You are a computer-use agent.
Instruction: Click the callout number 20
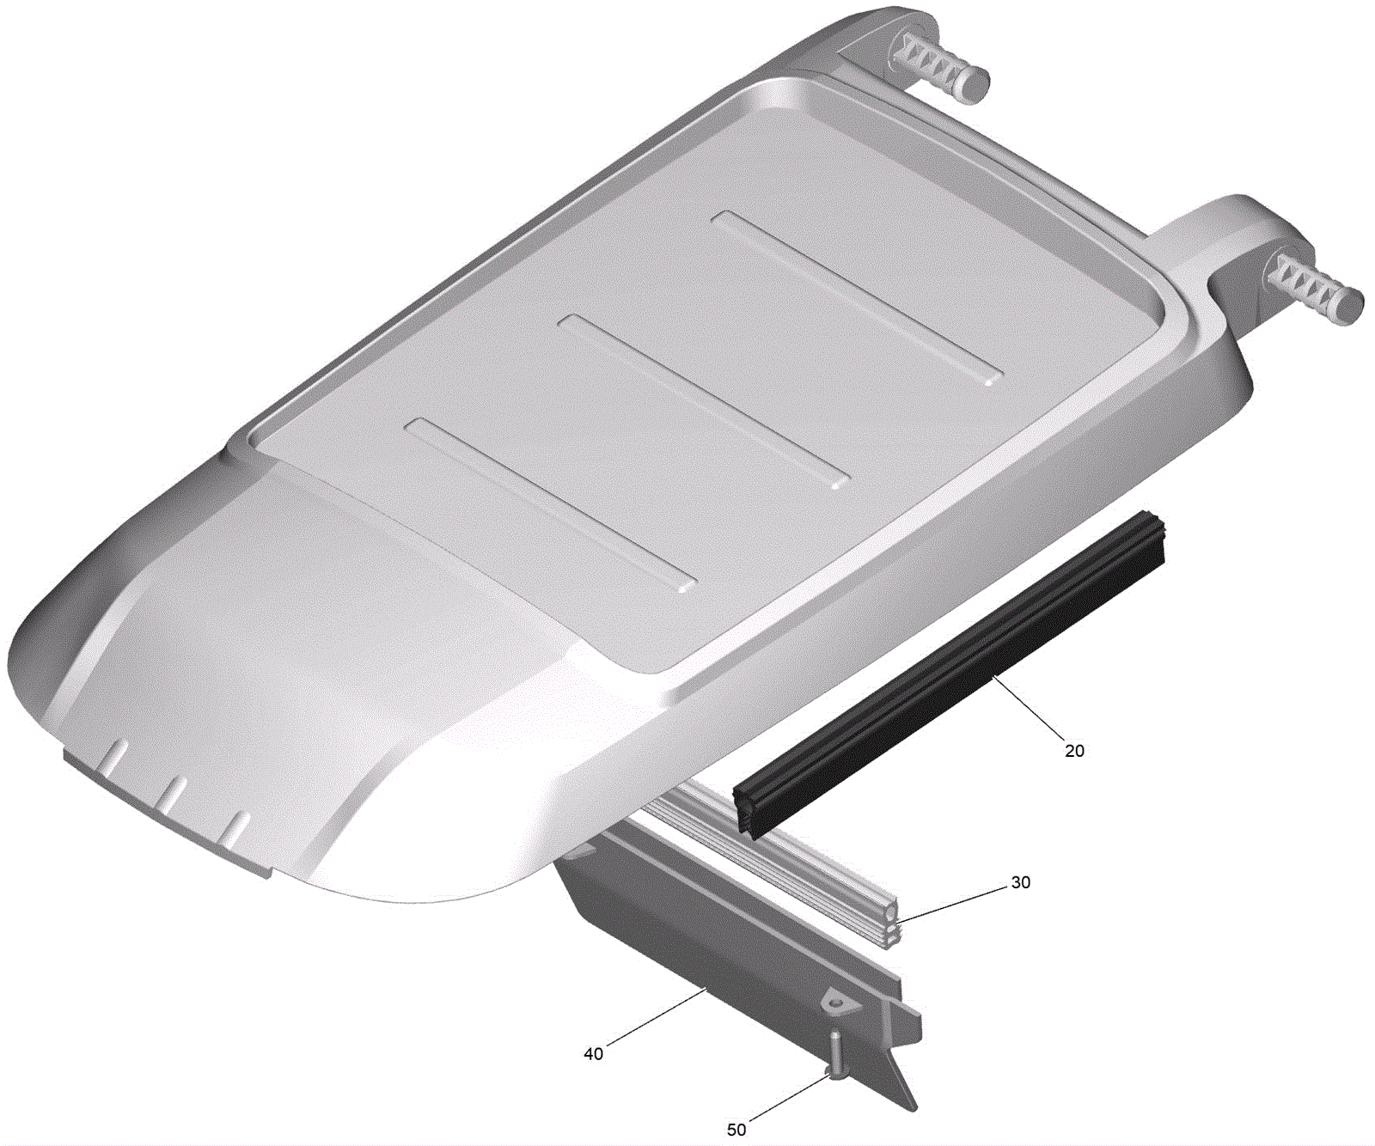[x=1074, y=751]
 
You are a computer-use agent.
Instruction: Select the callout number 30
[x=1020, y=882]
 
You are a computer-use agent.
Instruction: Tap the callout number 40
[x=593, y=1053]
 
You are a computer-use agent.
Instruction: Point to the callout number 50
[x=736, y=1130]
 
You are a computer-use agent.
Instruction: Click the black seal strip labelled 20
[x=950, y=674]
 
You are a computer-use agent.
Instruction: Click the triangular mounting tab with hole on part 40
[x=833, y=1002]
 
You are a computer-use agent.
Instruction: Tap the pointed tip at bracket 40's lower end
[x=914, y=1109]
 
